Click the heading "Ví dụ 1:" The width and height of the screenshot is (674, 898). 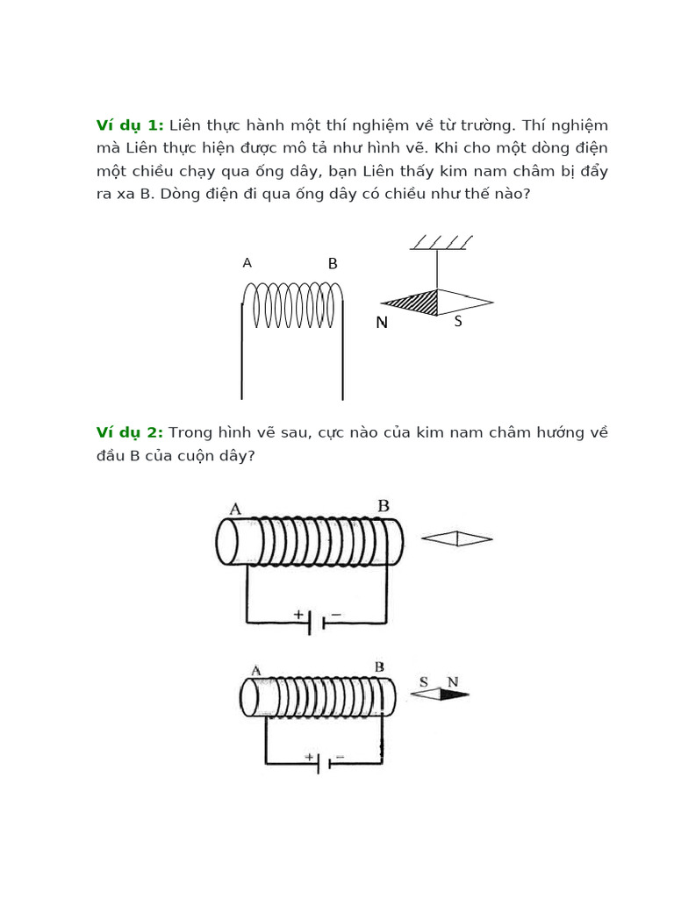tap(130, 125)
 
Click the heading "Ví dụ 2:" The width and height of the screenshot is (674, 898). tap(130, 432)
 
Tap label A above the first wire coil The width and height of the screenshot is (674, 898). tap(247, 262)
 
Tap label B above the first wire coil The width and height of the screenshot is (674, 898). tap(333, 264)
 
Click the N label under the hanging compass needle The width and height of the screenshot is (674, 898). tap(382, 323)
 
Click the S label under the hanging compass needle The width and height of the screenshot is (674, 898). tap(458, 322)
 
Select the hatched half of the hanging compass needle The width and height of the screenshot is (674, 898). tap(416, 303)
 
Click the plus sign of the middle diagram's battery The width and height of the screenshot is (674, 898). tap(298, 615)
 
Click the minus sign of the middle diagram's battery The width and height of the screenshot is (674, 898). tap(336, 615)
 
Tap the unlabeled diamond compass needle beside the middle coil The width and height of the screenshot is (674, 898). tap(457, 538)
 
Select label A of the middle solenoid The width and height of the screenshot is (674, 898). tap(235, 509)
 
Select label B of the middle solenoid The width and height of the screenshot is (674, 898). tap(384, 506)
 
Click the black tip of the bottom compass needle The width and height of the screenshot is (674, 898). tap(454, 695)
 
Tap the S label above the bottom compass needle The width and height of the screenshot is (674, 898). tap(424, 681)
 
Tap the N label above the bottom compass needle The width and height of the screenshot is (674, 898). tap(452, 681)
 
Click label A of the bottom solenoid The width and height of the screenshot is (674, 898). tap(256, 671)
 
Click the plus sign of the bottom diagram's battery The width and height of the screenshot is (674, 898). tap(309, 756)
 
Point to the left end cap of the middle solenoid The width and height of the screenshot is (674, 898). tap(226, 541)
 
